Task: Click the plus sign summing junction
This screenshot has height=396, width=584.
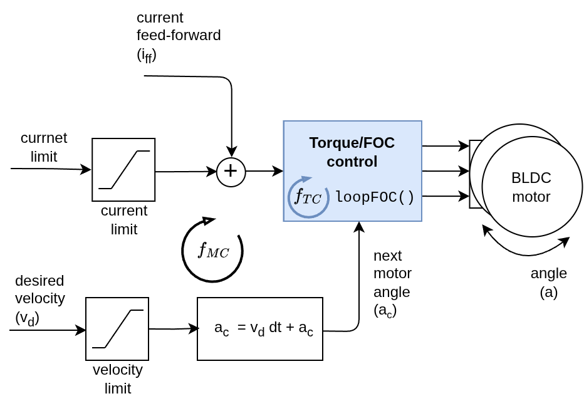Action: [231, 172]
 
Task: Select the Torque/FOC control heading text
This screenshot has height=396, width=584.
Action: [352, 152]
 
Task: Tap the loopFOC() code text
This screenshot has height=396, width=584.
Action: [375, 197]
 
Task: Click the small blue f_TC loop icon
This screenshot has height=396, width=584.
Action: [308, 197]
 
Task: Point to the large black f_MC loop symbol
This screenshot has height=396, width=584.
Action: [212, 251]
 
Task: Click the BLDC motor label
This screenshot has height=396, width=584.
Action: [531, 187]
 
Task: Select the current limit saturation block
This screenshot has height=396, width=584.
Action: [123, 170]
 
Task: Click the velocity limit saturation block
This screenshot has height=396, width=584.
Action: [117, 329]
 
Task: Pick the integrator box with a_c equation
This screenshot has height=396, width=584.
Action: [260, 329]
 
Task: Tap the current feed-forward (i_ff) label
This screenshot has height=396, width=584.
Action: [178, 36]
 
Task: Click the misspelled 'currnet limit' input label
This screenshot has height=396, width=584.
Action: [43, 147]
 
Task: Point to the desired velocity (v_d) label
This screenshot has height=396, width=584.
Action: [39, 299]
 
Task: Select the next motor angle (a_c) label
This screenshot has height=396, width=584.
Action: [392, 283]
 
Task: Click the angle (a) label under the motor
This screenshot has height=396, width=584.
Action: [548, 282]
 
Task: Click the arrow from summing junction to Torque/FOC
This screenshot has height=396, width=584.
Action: [264, 171]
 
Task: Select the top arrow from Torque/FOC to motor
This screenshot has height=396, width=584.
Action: [445, 146]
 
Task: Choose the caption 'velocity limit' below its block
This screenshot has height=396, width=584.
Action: [117, 378]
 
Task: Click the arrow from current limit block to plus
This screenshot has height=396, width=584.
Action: [185, 172]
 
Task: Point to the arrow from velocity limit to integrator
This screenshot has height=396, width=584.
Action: [173, 329]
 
